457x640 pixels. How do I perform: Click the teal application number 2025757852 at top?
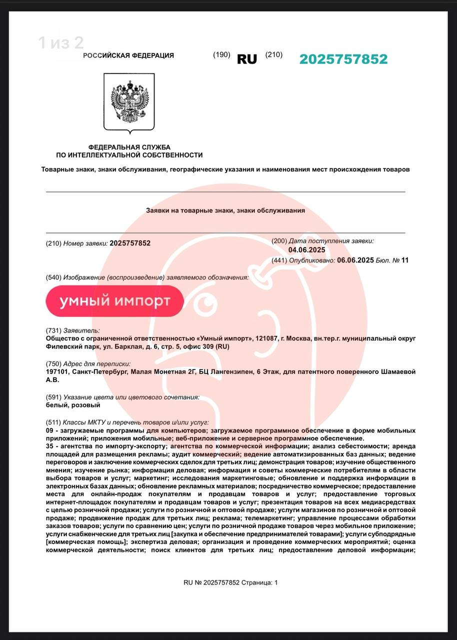[343, 59]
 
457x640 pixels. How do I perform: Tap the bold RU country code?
[247, 59]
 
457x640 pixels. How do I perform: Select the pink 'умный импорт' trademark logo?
[114, 301]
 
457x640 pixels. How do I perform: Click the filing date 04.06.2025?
[307, 250]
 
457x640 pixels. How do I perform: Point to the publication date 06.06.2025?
[355, 260]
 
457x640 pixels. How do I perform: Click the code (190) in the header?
[221, 55]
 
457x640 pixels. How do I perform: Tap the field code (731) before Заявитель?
[53, 330]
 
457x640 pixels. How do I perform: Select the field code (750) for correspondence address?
[53, 363]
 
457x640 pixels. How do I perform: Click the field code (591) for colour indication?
[53, 397]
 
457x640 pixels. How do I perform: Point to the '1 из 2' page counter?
[61, 43]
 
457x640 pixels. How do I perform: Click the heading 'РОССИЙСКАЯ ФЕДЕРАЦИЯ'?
[128, 55]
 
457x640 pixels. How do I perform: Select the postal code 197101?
[57, 371]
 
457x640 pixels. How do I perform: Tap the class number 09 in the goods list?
[49, 430]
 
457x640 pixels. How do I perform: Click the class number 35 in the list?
[49, 446]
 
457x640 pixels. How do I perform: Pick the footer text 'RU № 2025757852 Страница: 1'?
[230, 582]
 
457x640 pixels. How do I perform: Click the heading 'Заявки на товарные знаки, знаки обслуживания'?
[225, 210]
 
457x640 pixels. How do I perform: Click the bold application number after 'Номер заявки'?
[130, 243]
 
